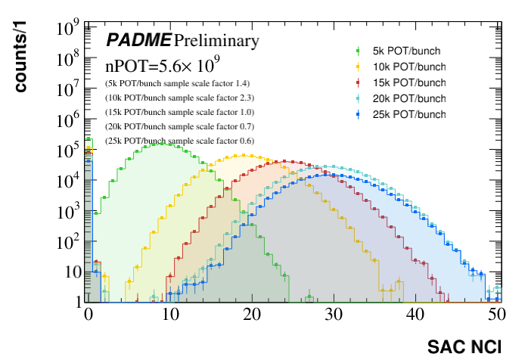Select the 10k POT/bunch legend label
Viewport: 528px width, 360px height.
410,67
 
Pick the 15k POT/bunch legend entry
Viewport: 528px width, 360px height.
410,82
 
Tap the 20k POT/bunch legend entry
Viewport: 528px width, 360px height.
410,98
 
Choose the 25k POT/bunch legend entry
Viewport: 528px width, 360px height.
410,114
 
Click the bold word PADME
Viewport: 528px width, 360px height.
138,40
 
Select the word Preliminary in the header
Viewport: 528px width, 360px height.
216,40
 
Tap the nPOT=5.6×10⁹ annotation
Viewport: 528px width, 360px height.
157,64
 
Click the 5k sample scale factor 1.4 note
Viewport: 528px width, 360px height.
177,83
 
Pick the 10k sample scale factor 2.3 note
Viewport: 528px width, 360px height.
179,98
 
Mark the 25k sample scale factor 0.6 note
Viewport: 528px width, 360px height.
179,141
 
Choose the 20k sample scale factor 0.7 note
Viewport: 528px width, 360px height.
179,126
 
